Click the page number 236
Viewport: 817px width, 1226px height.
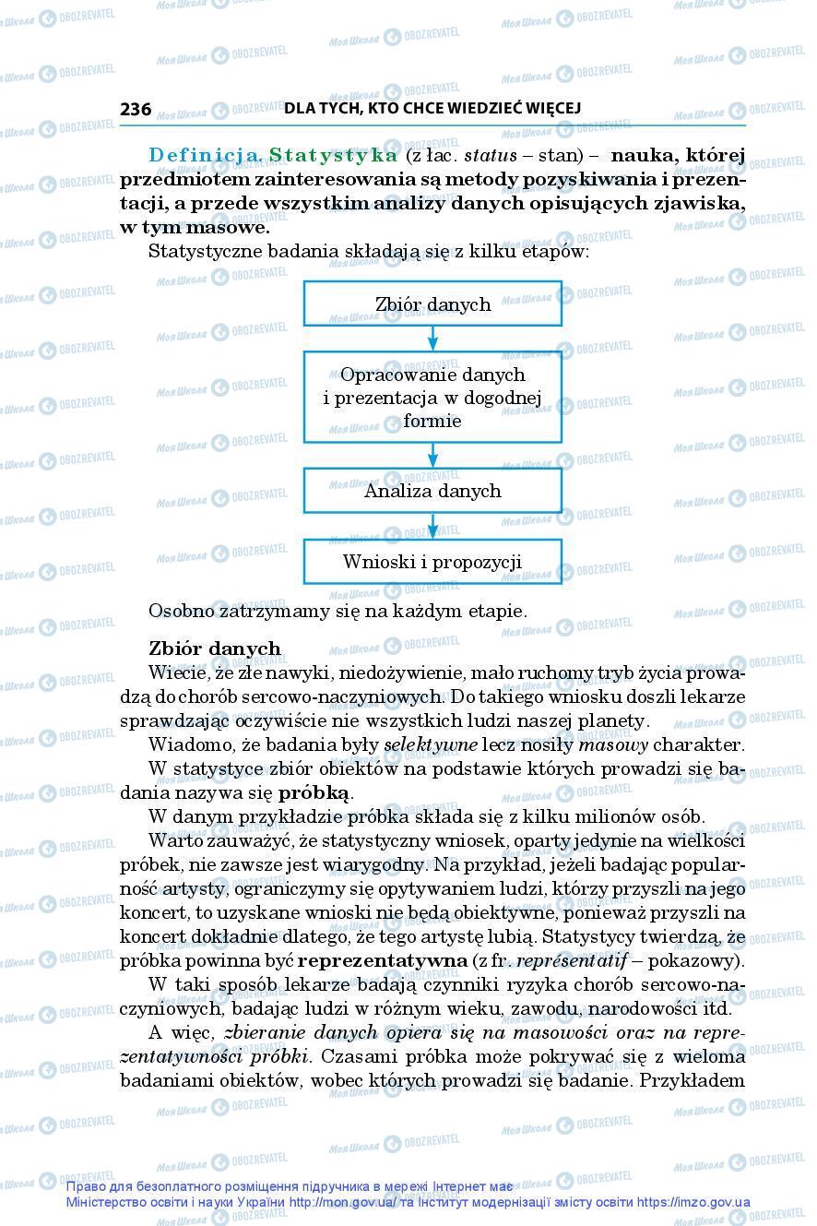tap(136, 109)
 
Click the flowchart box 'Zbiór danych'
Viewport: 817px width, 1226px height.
tap(432, 304)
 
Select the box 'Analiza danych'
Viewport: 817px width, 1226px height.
tap(432, 491)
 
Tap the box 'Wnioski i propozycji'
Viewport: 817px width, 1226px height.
tap(432, 561)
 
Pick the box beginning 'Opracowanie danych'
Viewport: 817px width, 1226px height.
tap(432, 398)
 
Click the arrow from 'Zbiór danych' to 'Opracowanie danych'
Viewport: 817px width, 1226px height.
tap(432, 339)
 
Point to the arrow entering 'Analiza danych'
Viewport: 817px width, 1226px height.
tap(432, 456)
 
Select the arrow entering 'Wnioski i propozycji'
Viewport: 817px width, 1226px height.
tap(432, 527)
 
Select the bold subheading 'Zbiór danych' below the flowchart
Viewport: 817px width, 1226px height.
tap(214, 649)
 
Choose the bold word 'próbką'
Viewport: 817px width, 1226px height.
tap(314, 792)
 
